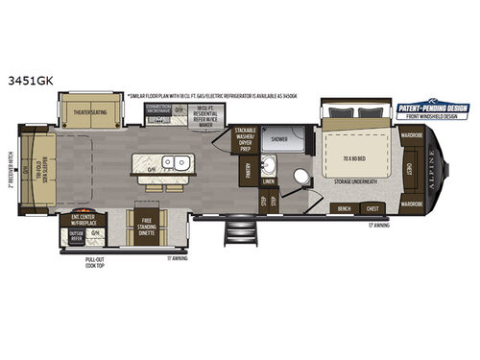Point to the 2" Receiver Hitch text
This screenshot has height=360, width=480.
[9, 177]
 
